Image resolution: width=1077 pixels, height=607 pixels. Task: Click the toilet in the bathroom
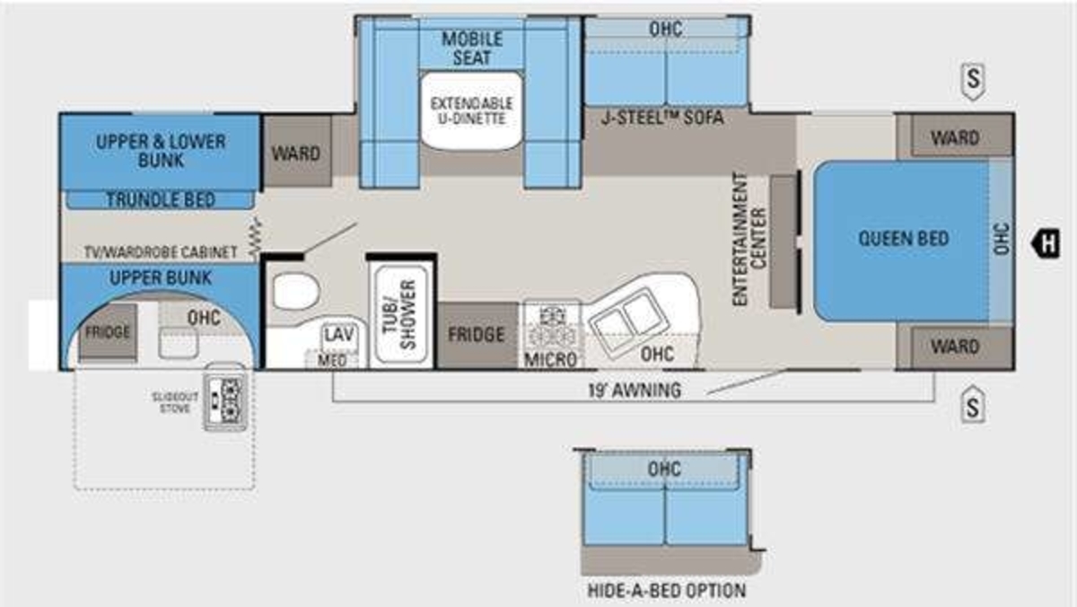296,292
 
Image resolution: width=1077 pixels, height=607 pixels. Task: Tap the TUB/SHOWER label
399,314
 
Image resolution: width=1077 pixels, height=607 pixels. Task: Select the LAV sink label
339,334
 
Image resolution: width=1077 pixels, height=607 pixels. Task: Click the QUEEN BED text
904,239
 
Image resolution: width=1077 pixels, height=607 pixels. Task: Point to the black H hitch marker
1046,243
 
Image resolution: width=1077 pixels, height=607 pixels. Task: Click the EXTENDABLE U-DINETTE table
472,111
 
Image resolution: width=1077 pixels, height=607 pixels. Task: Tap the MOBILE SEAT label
472,48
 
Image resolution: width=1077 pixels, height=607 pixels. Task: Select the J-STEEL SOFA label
662,118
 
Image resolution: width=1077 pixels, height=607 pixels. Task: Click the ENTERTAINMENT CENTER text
749,239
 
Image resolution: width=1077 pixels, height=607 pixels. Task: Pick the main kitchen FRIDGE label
476,335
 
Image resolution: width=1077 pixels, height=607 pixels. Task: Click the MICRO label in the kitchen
550,359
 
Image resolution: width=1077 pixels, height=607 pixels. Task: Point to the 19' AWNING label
635,390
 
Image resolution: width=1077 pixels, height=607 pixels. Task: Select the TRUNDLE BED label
160,199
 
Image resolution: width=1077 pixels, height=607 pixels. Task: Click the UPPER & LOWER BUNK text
161,151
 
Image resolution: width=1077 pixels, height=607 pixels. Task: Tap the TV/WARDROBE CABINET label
161,252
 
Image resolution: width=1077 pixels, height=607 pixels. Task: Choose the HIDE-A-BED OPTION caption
666,590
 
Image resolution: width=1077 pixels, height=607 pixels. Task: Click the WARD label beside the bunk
295,154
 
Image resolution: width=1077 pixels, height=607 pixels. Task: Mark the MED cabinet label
332,360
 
